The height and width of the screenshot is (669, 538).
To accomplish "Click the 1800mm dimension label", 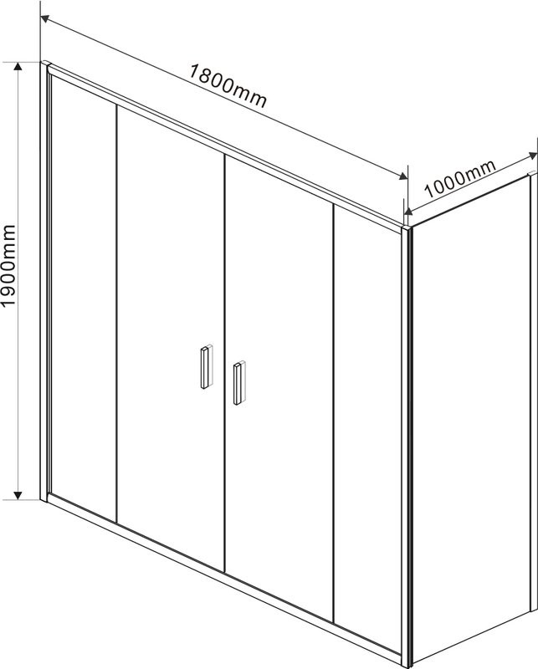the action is coord(228,86).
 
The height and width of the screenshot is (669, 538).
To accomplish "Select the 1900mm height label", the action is coord(8,265).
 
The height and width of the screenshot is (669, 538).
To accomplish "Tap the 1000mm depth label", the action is coord(460,178).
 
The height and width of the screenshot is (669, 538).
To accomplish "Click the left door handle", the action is coord(206,366).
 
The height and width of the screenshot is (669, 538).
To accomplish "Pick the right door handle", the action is coord(239,383).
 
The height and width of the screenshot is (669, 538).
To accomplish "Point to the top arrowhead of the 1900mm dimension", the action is coord(18,66).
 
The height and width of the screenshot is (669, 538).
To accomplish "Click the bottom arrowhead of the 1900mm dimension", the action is coord(18,495).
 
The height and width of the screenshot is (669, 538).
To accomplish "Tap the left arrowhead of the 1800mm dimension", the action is coord(45,19).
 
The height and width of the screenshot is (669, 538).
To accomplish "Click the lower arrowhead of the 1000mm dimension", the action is coord(408,211).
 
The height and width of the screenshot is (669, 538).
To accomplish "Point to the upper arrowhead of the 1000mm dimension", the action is coord(532,156).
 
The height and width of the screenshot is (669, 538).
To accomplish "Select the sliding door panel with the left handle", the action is coord(171,337).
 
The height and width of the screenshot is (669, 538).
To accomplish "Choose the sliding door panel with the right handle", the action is coord(279,388).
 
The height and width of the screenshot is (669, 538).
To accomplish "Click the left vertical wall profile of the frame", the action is coord(44,282).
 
